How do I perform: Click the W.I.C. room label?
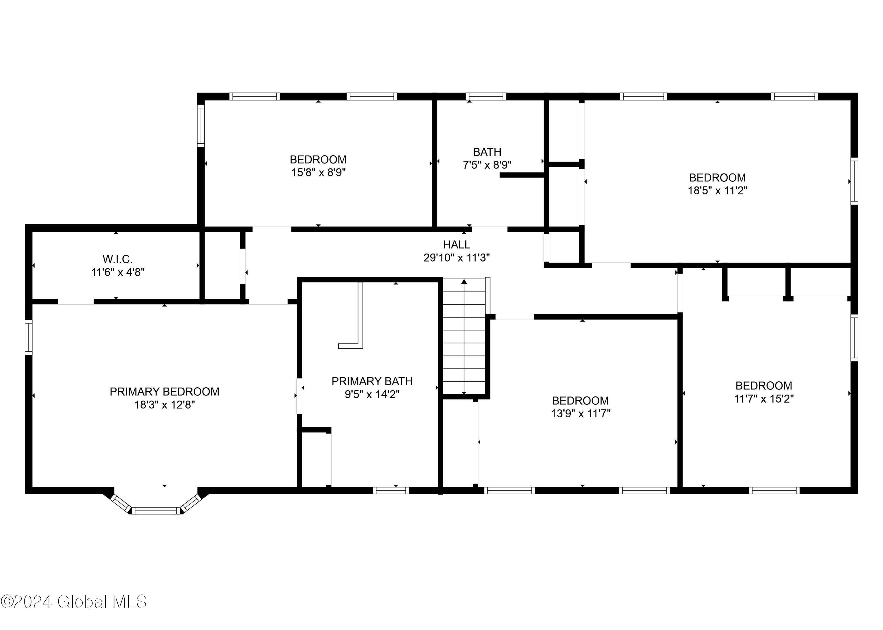[117, 259]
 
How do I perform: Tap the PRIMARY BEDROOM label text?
[164, 392]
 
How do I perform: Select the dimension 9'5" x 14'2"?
[372, 395]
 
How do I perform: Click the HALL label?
[457, 245]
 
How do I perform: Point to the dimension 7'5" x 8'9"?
[487, 165]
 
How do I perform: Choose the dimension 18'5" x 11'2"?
[718, 191]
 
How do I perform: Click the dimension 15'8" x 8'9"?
[318, 173]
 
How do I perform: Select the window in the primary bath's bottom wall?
[391, 491]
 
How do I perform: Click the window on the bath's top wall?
[486, 97]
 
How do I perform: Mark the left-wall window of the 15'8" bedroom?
[201, 126]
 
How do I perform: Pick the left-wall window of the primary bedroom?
[29, 337]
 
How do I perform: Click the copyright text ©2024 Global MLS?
[74, 602]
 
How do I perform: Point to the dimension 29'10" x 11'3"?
[457, 258]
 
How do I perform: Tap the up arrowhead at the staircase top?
[464, 282]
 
